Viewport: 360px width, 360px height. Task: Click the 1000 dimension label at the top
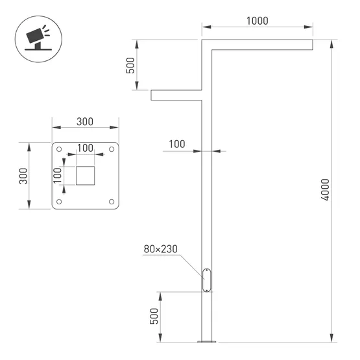[x=257, y=21]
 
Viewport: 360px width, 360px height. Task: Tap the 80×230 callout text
[x=161, y=249]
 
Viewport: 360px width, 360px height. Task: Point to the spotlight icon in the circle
[x=37, y=38]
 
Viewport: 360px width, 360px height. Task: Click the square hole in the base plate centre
[x=86, y=175]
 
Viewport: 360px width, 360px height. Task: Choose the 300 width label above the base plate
[x=85, y=122]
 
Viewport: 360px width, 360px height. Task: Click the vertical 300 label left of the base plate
[x=22, y=176]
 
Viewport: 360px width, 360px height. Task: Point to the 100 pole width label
[x=177, y=143]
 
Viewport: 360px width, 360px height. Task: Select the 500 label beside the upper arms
[x=130, y=66]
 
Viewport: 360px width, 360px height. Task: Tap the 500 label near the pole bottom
[x=154, y=316]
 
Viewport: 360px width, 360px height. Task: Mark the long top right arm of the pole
[x=259, y=43]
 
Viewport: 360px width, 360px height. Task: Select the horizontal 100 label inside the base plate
[x=85, y=148]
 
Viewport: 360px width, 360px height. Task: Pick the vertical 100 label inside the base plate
[x=57, y=176]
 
